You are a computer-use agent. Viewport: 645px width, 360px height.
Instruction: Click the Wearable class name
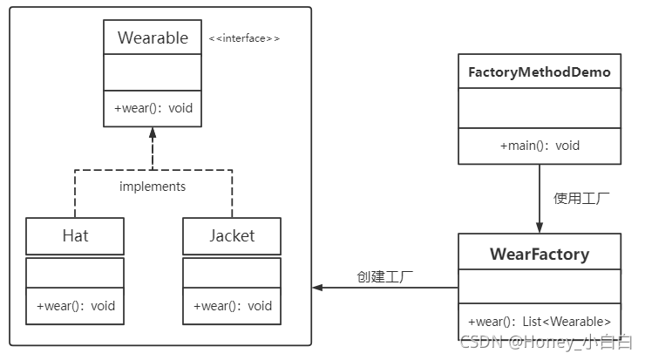click(x=153, y=37)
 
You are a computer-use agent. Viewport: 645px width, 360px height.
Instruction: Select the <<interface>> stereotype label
click(x=244, y=38)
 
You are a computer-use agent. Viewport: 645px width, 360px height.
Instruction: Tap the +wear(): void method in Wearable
click(x=153, y=109)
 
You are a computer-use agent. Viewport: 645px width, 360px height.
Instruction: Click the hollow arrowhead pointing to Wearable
click(x=153, y=133)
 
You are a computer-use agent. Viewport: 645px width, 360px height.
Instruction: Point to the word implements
click(x=153, y=186)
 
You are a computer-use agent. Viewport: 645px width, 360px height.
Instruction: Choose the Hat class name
click(x=75, y=235)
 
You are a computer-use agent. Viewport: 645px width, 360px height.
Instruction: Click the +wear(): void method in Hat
click(x=75, y=306)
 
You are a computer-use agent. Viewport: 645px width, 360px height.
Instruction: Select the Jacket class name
click(x=231, y=235)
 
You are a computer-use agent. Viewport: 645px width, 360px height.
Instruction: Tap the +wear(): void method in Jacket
click(x=231, y=306)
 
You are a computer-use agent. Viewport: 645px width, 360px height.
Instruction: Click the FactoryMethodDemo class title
click(x=540, y=71)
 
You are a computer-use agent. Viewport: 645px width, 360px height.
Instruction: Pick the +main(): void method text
click(x=540, y=146)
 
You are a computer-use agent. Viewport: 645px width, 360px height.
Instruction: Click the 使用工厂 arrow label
click(x=581, y=198)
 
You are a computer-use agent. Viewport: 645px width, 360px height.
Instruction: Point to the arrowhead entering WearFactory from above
click(x=540, y=227)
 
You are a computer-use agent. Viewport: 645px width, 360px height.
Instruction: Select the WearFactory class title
click(x=540, y=255)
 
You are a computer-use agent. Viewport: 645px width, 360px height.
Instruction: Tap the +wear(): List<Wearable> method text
click(x=540, y=320)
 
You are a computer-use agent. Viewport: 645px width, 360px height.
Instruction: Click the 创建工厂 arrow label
click(x=384, y=277)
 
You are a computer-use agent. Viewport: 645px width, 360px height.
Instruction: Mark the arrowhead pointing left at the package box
click(x=318, y=288)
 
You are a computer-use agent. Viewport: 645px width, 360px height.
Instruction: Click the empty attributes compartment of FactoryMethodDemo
click(x=540, y=108)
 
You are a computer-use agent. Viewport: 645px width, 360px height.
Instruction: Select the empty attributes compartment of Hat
click(x=75, y=272)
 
